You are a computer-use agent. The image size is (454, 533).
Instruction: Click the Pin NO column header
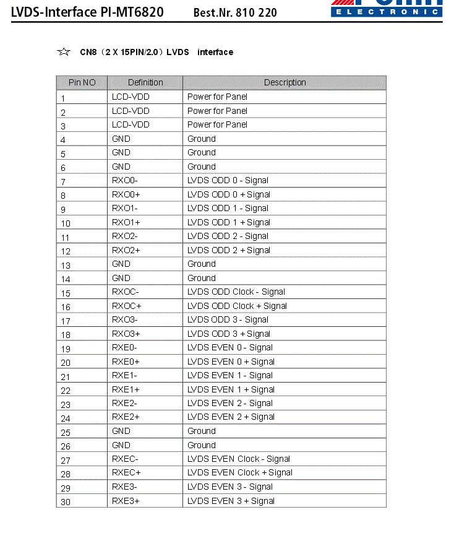click(x=82, y=82)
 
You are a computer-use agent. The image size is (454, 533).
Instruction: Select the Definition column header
click(x=145, y=82)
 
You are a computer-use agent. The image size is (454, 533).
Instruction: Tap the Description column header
click(x=285, y=82)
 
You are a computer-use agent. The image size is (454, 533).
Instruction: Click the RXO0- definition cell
click(x=125, y=180)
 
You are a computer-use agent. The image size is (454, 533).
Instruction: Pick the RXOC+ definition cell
click(x=127, y=306)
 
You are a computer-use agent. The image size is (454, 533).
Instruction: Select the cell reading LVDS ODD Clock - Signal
click(x=237, y=292)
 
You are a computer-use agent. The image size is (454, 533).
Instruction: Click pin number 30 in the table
click(x=66, y=502)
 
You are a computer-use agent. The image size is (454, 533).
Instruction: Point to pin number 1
click(x=63, y=98)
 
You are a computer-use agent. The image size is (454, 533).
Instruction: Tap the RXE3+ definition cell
click(x=126, y=501)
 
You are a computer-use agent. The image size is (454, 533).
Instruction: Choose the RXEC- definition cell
click(x=126, y=459)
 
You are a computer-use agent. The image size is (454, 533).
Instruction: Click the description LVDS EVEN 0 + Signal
click(x=231, y=362)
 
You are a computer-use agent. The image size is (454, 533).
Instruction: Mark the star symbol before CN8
click(x=63, y=52)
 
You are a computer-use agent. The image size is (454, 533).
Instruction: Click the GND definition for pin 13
click(x=121, y=264)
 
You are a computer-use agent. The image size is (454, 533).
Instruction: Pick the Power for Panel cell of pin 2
click(x=217, y=111)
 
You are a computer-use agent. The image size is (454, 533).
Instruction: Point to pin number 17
click(x=66, y=321)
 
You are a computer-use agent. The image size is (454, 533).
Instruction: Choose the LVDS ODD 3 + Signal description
click(x=229, y=334)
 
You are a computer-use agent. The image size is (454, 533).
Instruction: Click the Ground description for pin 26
click(x=202, y=445)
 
